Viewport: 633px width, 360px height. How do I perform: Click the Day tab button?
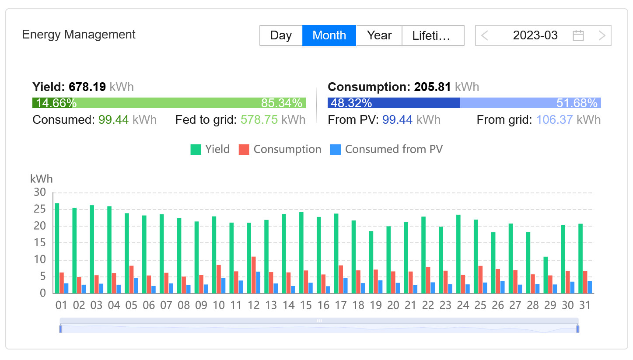[x=281, y=35]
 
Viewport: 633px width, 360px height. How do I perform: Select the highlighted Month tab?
[x=329, y=35]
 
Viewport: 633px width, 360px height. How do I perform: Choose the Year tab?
[x=379, y=35]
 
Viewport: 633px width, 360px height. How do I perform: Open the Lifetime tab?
[x=432, y=35]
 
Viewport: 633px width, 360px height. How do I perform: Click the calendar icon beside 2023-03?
[x=578, y=35]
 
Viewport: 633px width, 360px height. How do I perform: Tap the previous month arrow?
[x=485, y=35]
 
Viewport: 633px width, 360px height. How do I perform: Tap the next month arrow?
[x=602, y=35]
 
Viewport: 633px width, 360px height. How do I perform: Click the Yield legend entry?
[x=210, y=150]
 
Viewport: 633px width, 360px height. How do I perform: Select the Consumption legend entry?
[x=280, y=150]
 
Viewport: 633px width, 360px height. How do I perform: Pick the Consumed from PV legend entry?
[x=386, y=150]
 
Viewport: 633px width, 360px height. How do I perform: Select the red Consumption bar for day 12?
[x=253, y=275]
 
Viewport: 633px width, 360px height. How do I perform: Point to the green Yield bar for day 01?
[x=57, y=248]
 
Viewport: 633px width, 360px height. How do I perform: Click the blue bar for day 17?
[x=346, y=285]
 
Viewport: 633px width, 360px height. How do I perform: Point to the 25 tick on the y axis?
[x=40, y=209]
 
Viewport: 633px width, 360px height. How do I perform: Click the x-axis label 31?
[x=585, y=305]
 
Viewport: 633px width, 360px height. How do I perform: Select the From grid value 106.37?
[x=554, y=120]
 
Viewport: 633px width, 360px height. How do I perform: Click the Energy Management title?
[x=79, y=35]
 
